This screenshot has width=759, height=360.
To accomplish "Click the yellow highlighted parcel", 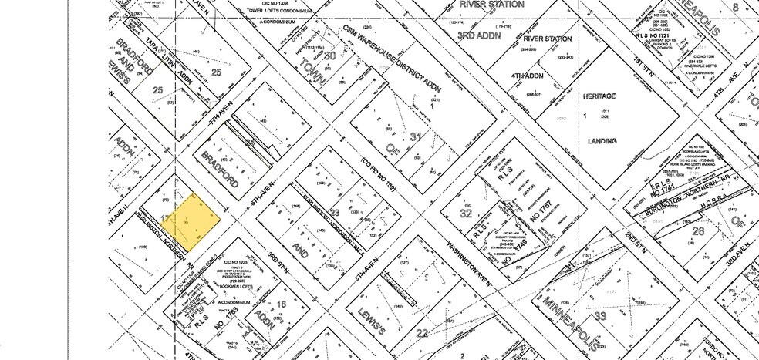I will click(x=192, y=219).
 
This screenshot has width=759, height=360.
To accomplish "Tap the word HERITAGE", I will click(x=598, y=96).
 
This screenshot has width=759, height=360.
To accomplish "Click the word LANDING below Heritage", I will click(x=602, y=141).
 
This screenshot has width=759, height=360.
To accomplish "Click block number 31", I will click(x=417, y=138).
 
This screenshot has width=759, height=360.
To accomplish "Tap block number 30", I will click(x=329, y=55).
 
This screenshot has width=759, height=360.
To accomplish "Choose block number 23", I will click(x=335, y=214).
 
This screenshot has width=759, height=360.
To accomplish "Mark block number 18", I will click(x=281, y=305).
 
